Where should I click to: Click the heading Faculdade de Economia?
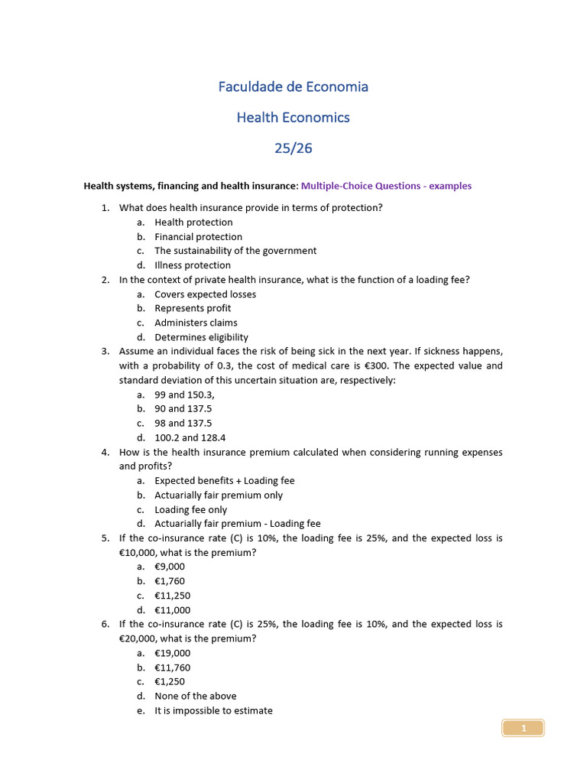pos(293,86)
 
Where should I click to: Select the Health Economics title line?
pos(293,117)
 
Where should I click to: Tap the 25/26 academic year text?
pos(293,148)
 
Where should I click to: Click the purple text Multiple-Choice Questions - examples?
pos(386,186)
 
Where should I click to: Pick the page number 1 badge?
pos(524,729)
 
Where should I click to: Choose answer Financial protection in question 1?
pos(198,237)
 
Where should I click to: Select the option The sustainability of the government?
pos(235,251)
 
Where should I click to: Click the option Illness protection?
pos(192,265)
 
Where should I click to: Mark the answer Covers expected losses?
pos(205,294)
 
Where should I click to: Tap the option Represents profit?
pos(193,308)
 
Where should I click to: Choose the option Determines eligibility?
pos(201,337)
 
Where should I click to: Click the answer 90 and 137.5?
pos(183,409)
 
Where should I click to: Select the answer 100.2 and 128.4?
pos(190,438)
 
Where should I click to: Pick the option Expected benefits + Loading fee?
pos(224,481)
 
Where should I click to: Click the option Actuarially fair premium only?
pos(219,495)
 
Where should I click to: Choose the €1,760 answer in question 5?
pos(170,581)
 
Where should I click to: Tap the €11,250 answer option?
pos(172,596)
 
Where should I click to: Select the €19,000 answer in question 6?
pos(172,653)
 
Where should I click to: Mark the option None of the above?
pos(195,696)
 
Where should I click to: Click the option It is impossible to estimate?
pos(213,710)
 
